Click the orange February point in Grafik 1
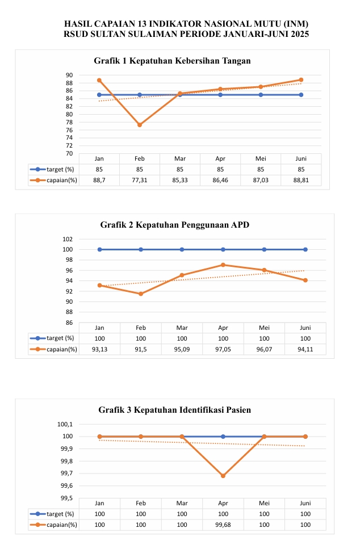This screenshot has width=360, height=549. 140,125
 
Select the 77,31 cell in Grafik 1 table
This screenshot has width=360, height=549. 140,180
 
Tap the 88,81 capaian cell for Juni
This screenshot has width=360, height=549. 301,180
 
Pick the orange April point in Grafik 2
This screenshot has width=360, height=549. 223,265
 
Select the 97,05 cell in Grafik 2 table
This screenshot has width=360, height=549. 223,349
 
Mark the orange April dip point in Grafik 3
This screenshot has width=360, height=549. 223,476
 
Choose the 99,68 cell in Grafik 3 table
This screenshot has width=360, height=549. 223,525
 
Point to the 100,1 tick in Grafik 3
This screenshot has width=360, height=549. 65,424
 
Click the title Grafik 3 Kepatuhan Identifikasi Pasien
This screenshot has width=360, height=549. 174,409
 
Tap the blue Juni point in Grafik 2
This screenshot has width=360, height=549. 305,249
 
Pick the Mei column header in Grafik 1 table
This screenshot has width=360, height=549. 261,159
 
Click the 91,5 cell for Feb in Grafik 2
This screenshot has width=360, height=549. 141,349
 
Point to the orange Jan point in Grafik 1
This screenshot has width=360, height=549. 99,80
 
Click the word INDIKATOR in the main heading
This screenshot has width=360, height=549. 176,24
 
